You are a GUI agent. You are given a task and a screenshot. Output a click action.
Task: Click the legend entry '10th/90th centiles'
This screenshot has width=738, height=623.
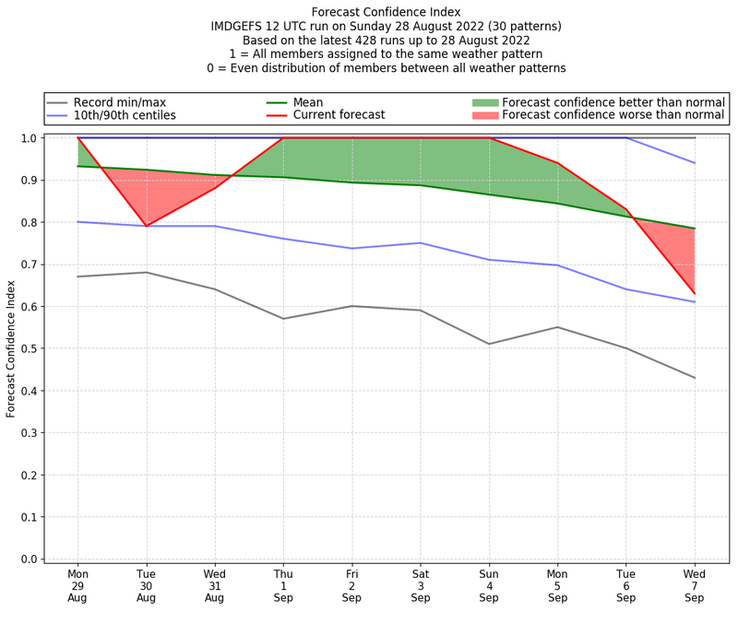[x=125, y=115]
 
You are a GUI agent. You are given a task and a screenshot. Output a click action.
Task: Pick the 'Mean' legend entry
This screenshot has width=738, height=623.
[x=309, y=102]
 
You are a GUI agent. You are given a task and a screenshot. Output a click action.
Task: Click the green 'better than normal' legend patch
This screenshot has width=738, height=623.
[x=485, y=102]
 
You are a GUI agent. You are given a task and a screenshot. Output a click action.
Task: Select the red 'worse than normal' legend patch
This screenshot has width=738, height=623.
[x=485, y=115]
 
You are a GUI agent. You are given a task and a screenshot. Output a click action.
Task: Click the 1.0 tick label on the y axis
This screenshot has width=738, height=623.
[x=28, y=138]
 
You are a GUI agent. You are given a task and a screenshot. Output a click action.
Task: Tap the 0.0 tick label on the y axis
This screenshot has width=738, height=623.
[x=28, y=559]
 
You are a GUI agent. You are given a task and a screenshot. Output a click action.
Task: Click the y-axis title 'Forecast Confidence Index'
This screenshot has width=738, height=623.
[x=11, y=348]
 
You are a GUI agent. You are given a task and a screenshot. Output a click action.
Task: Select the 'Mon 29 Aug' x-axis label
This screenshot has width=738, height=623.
[x=78, y=585]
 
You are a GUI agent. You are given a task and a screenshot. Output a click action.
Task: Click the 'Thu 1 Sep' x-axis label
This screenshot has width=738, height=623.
[x=284, y=585]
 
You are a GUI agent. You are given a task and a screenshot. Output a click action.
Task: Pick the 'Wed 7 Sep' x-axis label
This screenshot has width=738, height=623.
[x=695, y=585]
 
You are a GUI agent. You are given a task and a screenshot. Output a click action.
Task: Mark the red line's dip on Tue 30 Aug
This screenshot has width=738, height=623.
[x=146, y=226]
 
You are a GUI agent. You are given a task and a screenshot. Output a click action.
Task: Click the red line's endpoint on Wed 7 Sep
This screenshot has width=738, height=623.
[x=695, y=293]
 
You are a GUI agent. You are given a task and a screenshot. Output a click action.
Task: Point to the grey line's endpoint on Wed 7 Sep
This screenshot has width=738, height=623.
[x=695, y=378]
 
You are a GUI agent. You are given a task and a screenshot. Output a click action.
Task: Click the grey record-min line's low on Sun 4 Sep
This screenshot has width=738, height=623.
[x=489, y=344]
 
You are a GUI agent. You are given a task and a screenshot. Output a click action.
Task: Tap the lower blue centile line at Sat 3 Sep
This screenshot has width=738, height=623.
[x=421, y=243]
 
